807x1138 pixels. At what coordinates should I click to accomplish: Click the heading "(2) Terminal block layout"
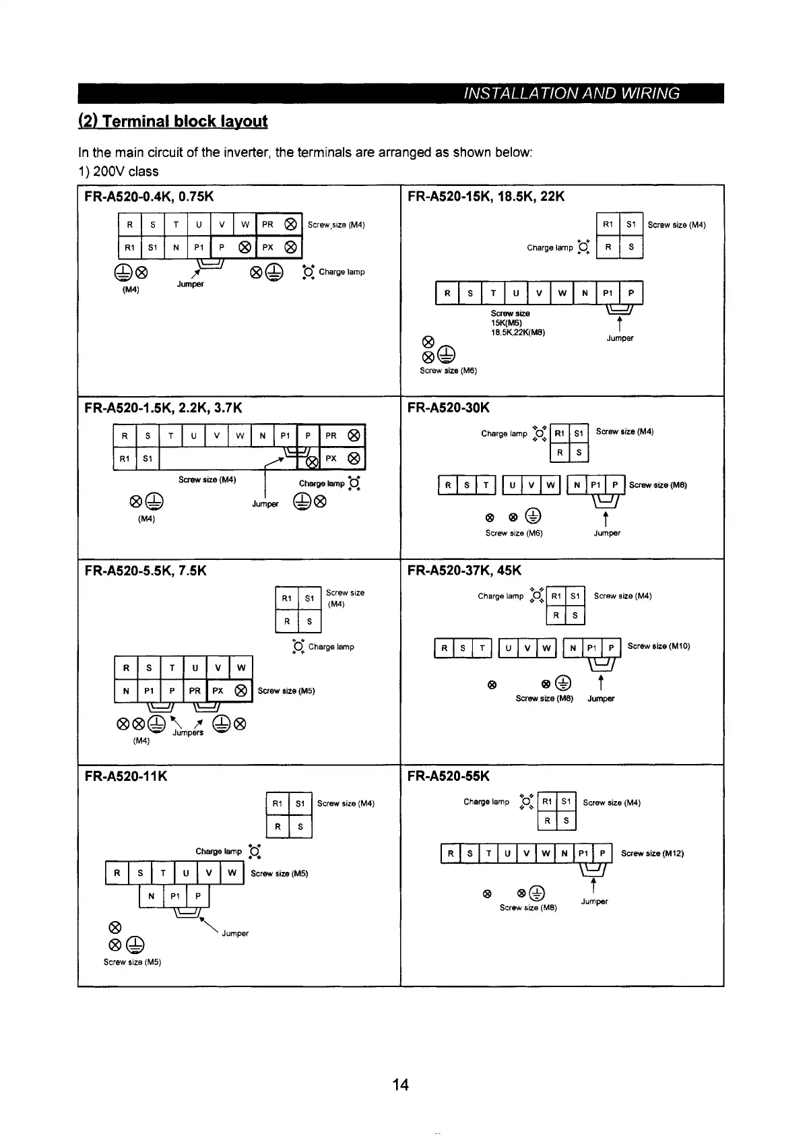173,121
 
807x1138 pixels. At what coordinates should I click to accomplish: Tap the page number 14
400,1084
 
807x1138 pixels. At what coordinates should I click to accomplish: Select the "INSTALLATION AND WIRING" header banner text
572,93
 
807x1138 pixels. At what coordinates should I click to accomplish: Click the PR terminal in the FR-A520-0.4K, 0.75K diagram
267,224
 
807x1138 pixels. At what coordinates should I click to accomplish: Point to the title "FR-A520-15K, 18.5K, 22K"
486,197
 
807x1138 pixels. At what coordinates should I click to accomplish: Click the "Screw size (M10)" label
658,646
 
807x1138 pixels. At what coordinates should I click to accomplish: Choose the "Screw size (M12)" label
652,853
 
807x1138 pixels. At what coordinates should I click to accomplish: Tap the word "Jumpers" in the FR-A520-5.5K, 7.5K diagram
188,733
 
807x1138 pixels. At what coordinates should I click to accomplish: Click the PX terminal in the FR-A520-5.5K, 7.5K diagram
218,691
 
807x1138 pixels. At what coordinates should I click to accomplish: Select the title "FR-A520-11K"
126,776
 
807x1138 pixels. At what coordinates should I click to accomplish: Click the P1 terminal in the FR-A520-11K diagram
175,896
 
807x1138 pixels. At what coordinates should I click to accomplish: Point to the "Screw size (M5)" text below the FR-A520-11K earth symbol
132,962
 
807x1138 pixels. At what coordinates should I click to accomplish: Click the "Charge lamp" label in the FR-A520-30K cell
504,433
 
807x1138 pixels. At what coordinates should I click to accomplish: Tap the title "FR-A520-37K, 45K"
465,571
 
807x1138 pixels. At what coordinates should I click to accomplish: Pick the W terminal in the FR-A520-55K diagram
546,854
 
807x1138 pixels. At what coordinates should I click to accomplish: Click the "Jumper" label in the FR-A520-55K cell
594,902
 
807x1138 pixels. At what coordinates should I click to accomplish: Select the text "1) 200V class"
119,171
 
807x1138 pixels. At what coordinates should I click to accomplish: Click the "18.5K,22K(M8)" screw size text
517,332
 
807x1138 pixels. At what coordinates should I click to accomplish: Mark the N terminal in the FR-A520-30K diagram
577,485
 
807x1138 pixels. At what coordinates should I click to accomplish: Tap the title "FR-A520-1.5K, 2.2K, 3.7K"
163,408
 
